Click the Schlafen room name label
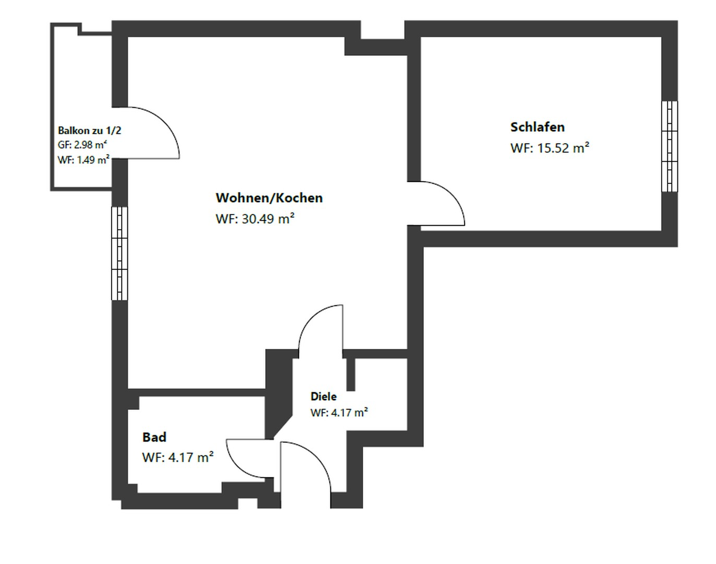coord(537,127)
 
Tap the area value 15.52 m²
coord(550,148)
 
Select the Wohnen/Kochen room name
coord(269,198)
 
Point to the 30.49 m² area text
coord(255,219)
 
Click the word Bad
coord(154,437)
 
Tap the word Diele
coord(323,396)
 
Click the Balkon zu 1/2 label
coord(89,131)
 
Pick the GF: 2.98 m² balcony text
coord(82,145)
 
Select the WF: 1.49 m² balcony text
coord(83,160)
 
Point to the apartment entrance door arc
coord(316,460)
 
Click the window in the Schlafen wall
coord(670,146)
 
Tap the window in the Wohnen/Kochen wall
coord(120,253)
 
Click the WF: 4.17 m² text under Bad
coord(177,457)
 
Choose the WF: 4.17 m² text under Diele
coord(339,413)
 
